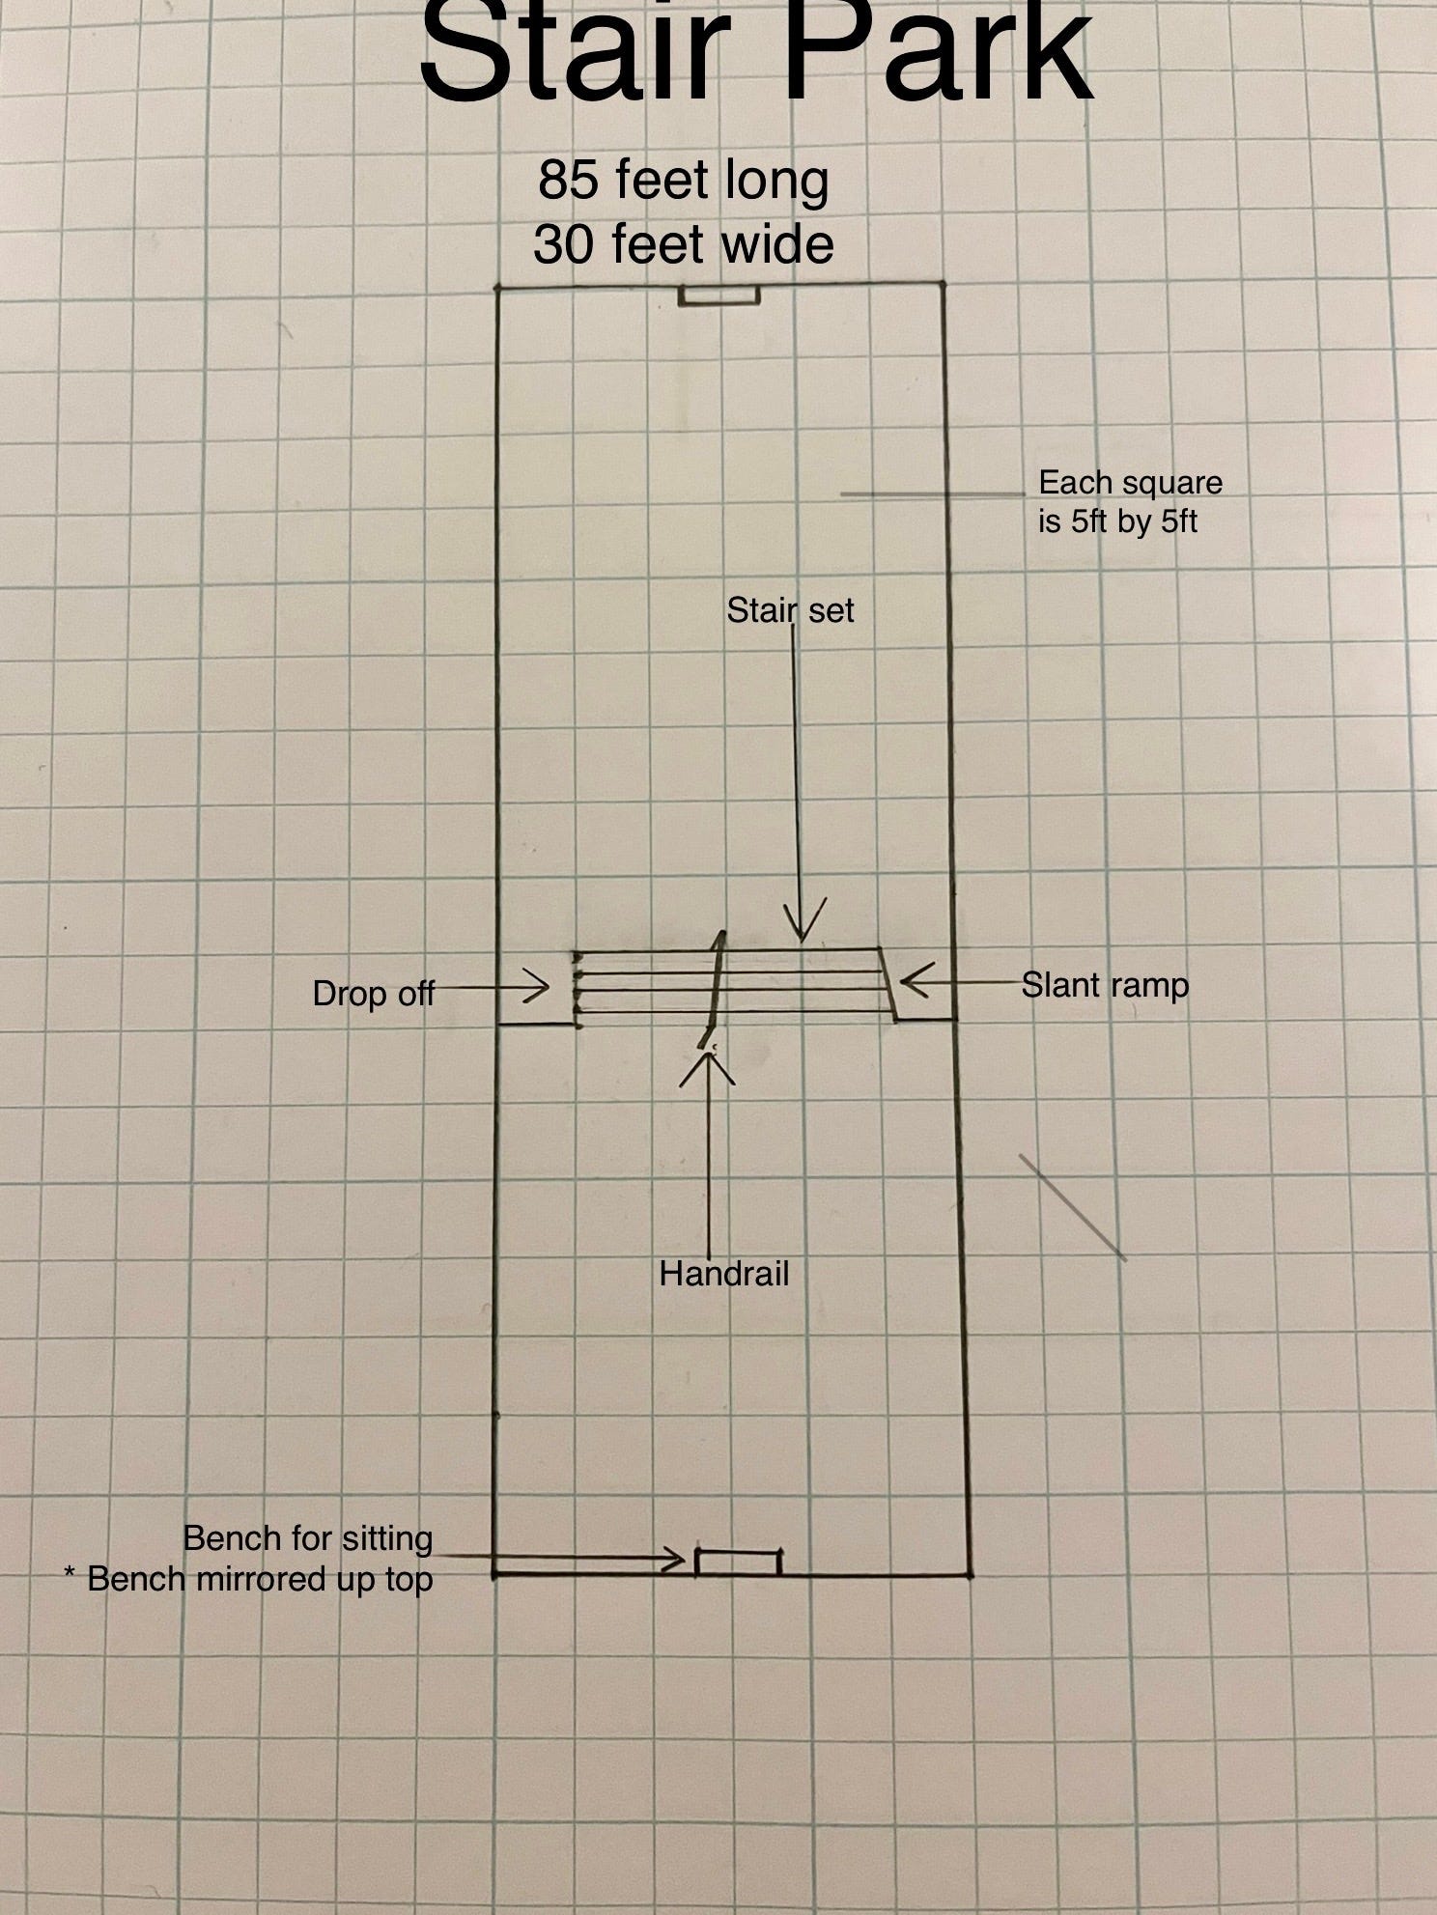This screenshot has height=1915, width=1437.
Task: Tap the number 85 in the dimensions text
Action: coord(568,180)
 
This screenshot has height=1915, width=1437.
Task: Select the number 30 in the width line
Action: coord(562,243)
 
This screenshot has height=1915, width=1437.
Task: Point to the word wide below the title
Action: coord(778,243)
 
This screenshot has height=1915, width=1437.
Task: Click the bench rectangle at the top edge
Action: coord(719,295)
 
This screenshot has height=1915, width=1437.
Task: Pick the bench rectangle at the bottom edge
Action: coord(738,1562)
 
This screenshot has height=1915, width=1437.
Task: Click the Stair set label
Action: coord(790,610)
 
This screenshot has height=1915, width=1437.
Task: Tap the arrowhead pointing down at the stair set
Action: coord(802,923)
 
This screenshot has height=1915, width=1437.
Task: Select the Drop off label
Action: coord(373,993)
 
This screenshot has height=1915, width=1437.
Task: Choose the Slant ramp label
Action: coord(1105,985)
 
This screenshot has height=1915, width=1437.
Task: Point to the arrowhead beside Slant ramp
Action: coord(913,981)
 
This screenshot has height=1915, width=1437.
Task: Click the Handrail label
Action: coord(724,1274)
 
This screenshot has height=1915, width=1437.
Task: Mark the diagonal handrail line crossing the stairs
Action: coord(717,985)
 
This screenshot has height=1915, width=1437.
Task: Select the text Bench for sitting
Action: coord(308,1537)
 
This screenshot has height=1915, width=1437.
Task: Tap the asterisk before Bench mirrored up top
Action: coord(70,1578)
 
